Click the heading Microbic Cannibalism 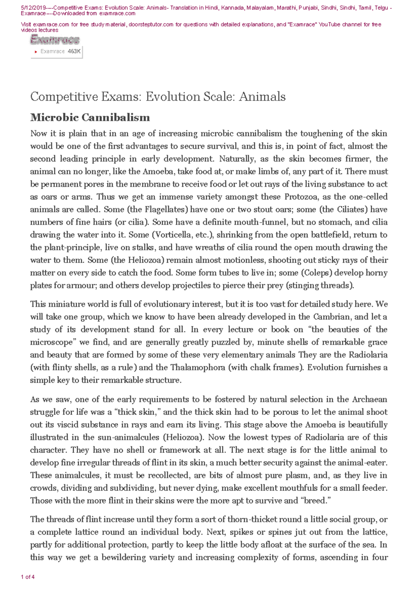pyautogui.click(x=90, y=117)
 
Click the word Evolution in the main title pyautogui.click(x=167, y=97)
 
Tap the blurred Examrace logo pyautogui.click(x=55, y=40)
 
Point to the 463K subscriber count pyautogui.click(x=74, y=51)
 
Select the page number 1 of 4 pyautogui.click(x=28, y=577)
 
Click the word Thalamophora pyautogui.click(x=198, y=367)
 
